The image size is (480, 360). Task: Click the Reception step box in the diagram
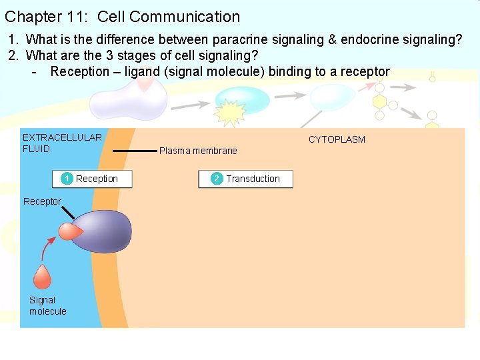[x=92, y=179]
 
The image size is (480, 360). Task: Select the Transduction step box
[x=245, y=179]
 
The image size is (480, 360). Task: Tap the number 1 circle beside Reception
[x=67, y=179]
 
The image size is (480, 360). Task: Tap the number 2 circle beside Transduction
[x=217, y=179]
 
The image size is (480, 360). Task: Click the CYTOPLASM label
[x=337, y=139]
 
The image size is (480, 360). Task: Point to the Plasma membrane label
[x=198, y=151]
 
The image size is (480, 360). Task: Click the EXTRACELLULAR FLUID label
[x=62, y=143]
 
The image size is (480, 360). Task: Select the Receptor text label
[x=42, y=201]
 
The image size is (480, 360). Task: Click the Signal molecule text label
[x=47, y=306]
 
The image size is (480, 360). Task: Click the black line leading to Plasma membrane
[x=134, y=151]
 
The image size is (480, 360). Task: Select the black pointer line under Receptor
[x=69, y=213]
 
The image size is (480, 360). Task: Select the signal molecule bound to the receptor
[x=69, y=231]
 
